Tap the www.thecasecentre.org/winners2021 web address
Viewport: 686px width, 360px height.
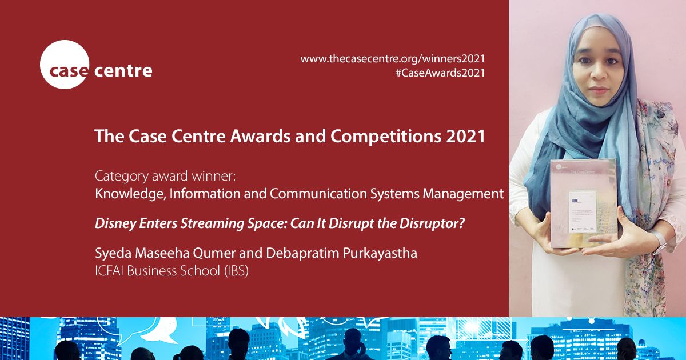click(x=392, y=58)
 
